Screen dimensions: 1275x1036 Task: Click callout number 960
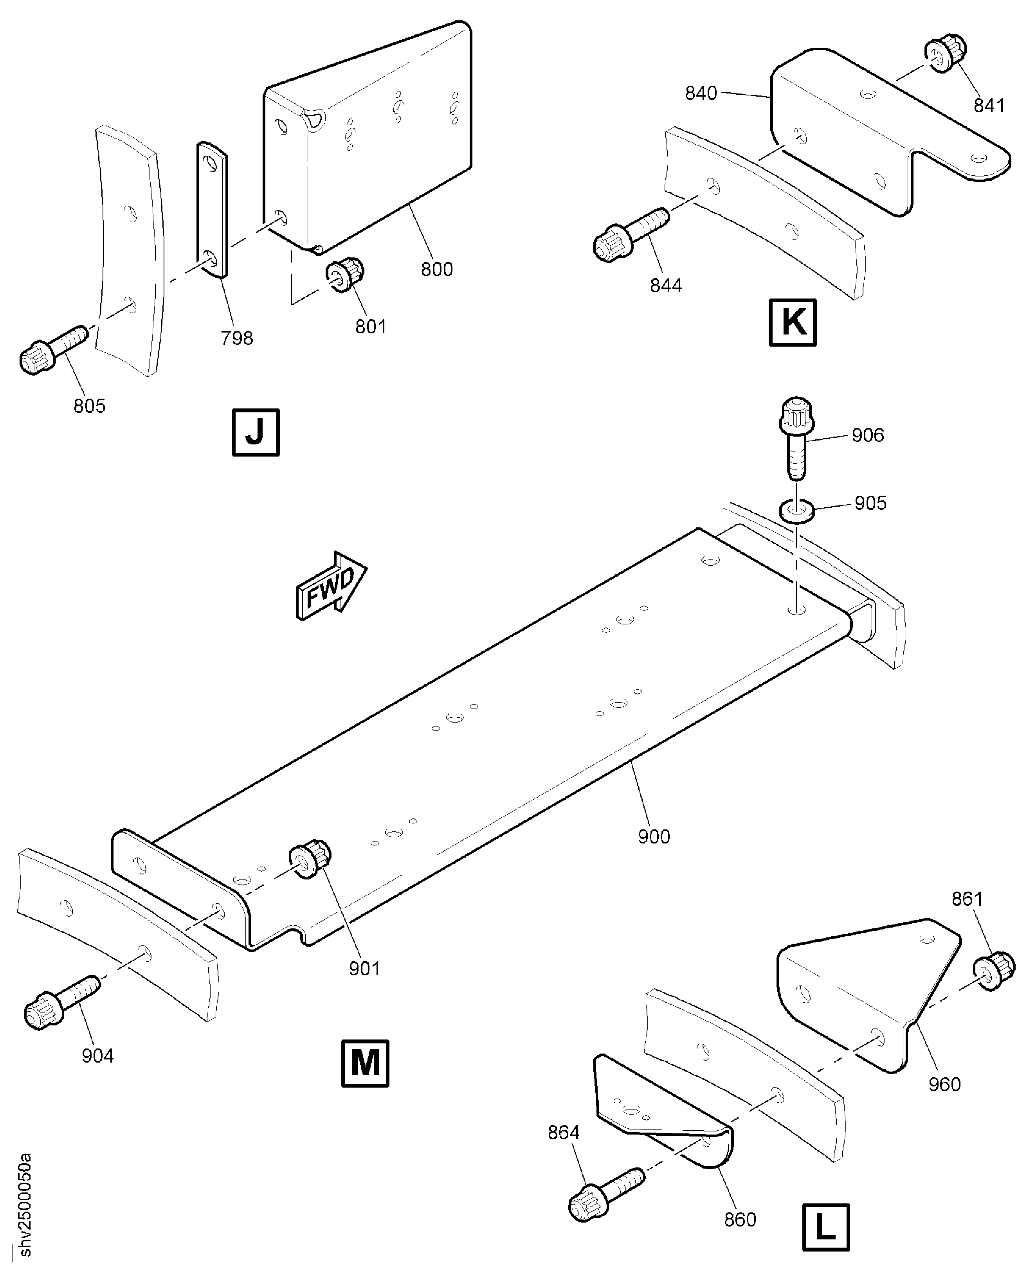click(944, 1084)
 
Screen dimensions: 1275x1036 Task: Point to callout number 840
click(701, 93)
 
